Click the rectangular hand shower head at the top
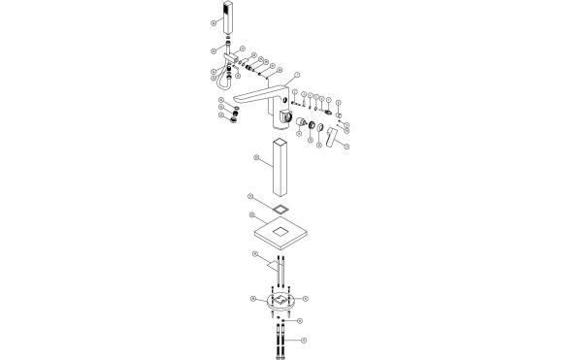[x=230, y=17]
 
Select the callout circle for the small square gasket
[x=254, y=197]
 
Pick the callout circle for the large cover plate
[x=252, y=216]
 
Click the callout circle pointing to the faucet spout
[x=296, y=75]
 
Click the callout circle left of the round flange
[x=252, y=298]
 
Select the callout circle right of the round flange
[x=305, y=298]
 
